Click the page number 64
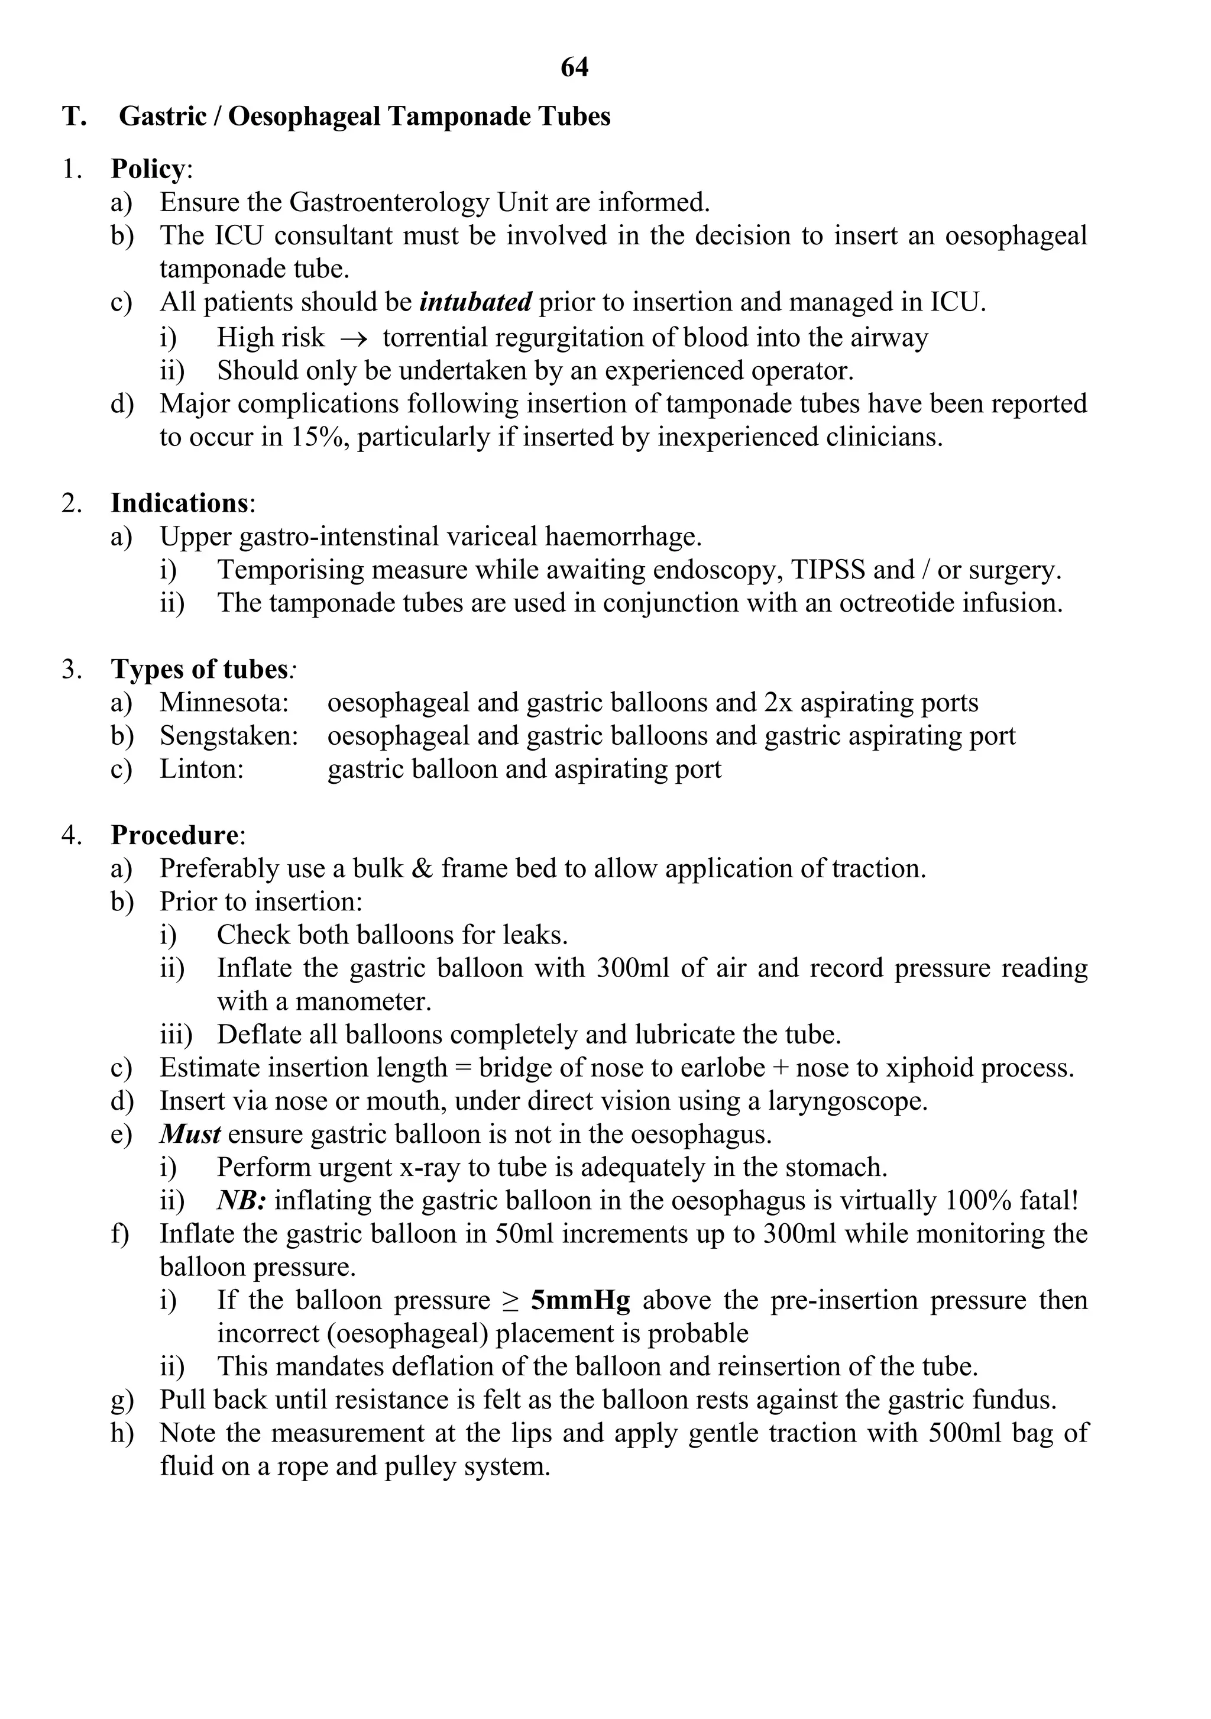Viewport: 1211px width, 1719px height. coord(574,68)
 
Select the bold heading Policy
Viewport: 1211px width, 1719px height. coord(147,169)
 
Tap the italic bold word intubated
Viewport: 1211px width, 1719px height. coord(476,302)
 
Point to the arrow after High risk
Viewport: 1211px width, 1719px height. coord(353,338)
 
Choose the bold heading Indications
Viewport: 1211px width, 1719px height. coord(179,503)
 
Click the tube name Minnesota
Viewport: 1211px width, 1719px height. coord(224,703)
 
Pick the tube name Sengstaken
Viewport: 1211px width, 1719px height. coord(228,736)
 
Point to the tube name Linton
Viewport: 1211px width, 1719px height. coord(201,770)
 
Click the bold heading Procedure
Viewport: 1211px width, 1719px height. coord(174,835)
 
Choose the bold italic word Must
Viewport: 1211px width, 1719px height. coord(189,1135)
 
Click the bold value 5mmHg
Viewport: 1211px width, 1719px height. coord(580,1300)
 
